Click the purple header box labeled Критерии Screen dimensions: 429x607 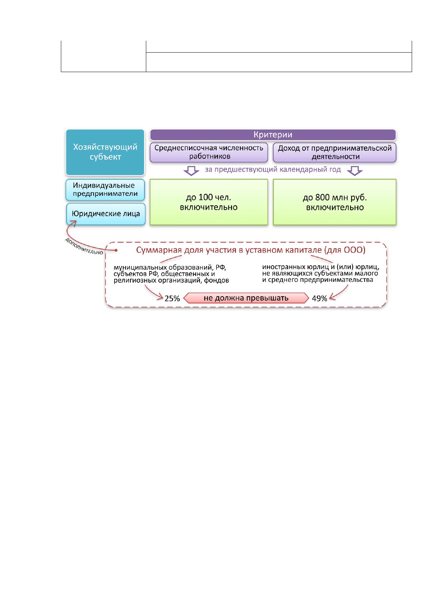(273, 135)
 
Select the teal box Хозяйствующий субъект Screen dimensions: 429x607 (105, 152)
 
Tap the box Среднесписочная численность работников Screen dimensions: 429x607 (209, 152)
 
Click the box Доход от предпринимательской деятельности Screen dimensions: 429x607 (335, 152)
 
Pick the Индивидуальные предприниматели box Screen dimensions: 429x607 (105, 190)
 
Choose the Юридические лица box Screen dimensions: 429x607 (106, 214)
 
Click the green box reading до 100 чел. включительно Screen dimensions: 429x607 (209, 202)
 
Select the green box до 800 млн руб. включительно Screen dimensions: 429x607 (335, 202)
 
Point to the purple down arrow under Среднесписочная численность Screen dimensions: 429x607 (191, 171)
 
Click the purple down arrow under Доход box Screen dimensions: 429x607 (355, 171)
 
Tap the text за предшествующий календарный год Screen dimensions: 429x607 (273, 170)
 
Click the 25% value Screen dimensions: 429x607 (172, 298)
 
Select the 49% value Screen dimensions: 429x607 (319, 298)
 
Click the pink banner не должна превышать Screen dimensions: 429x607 (246, 298)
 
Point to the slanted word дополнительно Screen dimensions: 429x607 (84, 246)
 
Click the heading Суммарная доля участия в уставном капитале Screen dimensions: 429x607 (251, 250)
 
